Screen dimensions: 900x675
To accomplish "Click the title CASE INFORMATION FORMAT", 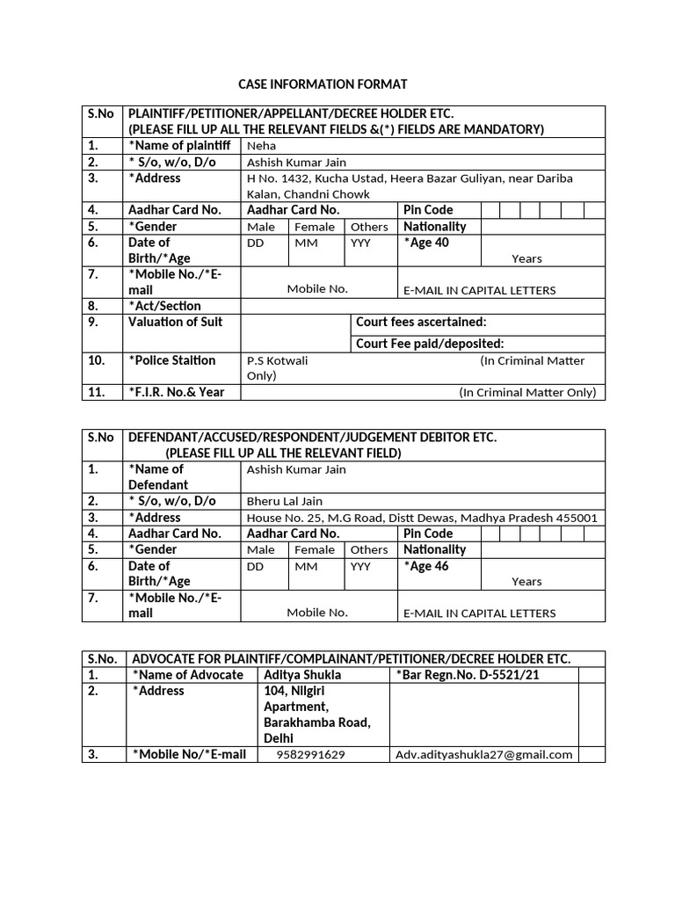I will pyautogui.click(x=323, y=84).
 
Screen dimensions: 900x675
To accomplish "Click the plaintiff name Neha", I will pyautogui.click(x=261, y=146).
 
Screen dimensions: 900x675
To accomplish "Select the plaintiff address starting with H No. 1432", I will pyautogui.click(x=409, y=185).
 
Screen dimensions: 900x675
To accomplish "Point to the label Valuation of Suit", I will pyautogui.click(x=175, y=322).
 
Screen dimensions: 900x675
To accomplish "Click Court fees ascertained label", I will pyautogui.click(x=421, y=322).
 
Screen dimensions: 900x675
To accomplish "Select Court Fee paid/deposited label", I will pyautogui.click(x=430, y=344).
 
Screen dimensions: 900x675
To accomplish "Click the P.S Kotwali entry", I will pyautogui.click(x=278, y=360).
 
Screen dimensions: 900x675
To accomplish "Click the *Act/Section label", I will pyautogui.click(x=164, y=306).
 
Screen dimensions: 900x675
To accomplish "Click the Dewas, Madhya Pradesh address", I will pyautogui.click(x=422, y=518).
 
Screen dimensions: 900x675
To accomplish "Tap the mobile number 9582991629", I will pyautogui.click(x=310, y=754).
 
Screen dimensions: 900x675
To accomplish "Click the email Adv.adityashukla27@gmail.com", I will pyautogui.click(x=483, y=754).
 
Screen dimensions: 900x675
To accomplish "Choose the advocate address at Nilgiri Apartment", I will pyautogui.click(x=317, y=715).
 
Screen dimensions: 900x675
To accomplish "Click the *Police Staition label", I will pyautogui.click(x=171, y=360).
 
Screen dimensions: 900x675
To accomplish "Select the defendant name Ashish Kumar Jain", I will pyautogui.click(x=296, y=469).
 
